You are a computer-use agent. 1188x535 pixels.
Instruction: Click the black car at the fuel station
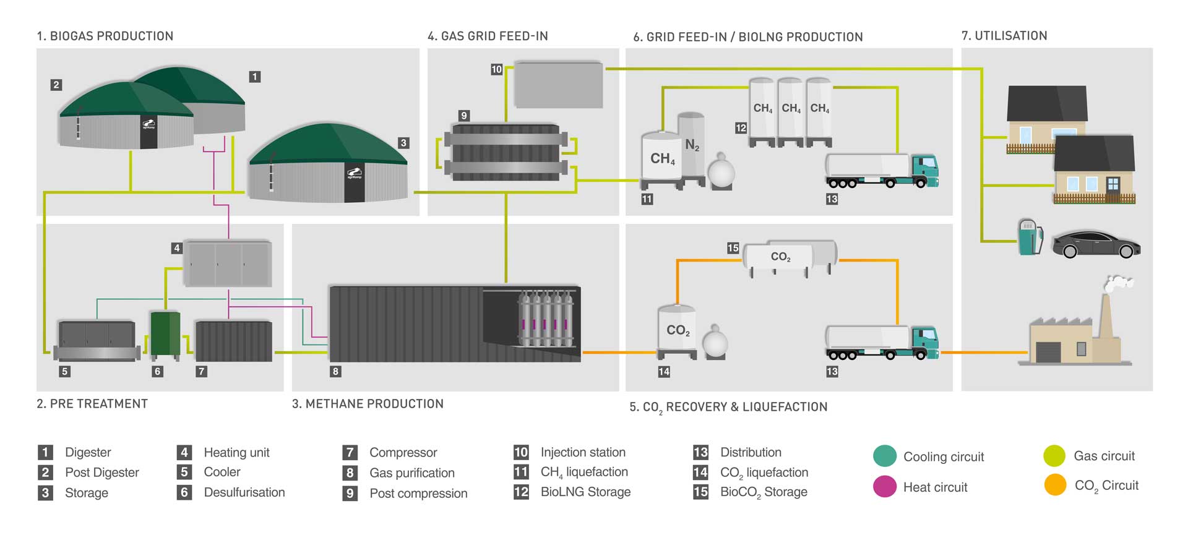pyautogui.click(x=1096, y=245)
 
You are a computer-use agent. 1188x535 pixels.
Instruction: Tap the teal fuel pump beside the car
pyautogui.click(x=1029, y=238)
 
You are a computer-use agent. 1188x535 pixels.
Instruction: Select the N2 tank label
pyautogui.click(x=692, y=145)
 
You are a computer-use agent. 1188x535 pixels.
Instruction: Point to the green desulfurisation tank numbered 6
pyautogui.click(x=165, y=335)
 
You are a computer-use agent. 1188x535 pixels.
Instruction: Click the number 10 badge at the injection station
pyautogui.click(x=496, y=69)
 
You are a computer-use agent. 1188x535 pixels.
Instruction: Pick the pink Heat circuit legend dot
pyautogui.click(x=885, y=487)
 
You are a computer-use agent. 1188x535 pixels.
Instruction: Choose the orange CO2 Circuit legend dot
pyautogui.click(x=1055, y=486)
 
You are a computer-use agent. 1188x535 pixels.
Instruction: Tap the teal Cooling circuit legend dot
pyautogui.click(x=885, y=456)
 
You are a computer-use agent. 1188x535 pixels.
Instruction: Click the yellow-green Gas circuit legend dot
pyautogui.click(x=1054, y=456)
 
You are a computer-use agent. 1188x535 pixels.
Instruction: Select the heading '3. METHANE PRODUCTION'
pyautogui.click(x=368, y=404)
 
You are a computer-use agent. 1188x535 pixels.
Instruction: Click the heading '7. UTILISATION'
pyautogui.click(x=1004, y=36)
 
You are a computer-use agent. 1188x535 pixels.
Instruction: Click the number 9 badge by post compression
pyautogui.click(x=464, y=116)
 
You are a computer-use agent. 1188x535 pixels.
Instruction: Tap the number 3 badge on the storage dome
pyautogui.click(x=403, y=143)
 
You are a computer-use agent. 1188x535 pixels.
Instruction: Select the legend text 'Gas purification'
pyautogui.click(x=412, y=473)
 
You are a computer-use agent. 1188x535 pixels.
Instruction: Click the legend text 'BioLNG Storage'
pyautogui.click(x=585, y=492)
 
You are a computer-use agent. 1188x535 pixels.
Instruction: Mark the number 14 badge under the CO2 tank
pyautogui.click(x=664, y=372)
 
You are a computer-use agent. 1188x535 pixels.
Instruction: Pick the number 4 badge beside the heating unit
pyautogui.click(x=177, y=248)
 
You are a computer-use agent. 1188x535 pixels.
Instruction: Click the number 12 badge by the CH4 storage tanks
pyautogui.click(x=741, y=128)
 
